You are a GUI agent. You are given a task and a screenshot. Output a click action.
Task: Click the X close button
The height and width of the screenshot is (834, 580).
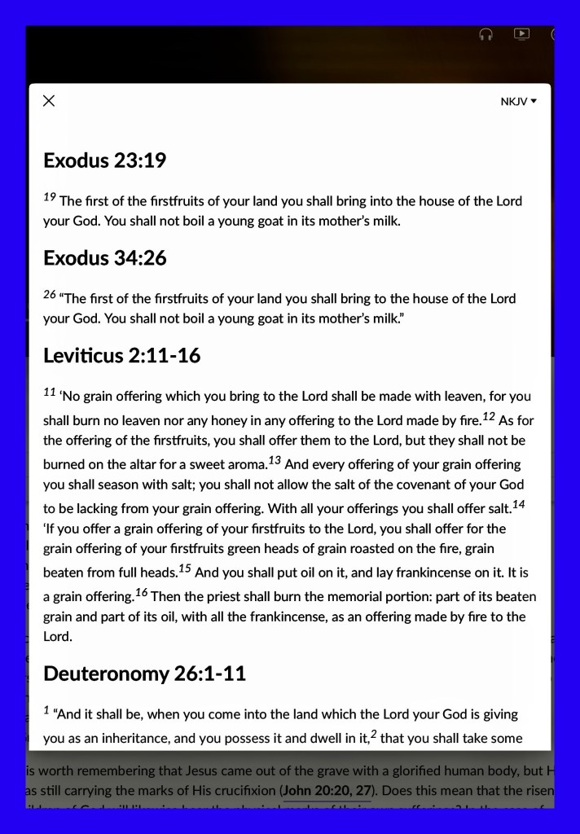(49, 100)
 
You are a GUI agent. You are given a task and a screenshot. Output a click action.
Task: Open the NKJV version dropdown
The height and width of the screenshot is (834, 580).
(518, 102)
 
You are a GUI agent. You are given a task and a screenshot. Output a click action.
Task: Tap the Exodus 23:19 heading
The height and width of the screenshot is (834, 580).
(104, 160)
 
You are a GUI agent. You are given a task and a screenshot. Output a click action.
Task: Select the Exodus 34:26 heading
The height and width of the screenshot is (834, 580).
(104, 258)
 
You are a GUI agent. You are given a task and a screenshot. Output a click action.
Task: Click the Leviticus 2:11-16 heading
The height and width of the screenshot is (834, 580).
(121, 356)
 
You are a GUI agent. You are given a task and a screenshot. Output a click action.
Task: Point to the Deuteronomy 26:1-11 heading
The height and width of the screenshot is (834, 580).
(144, 674)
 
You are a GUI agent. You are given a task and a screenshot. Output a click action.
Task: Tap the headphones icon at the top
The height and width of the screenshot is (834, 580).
(486, 34)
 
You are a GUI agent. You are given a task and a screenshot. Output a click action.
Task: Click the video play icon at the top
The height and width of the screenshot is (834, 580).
(521, 34)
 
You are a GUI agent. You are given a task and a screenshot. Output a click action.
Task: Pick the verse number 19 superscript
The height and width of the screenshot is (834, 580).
(50, 196)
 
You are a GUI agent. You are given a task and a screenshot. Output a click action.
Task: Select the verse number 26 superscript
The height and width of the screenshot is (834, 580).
(50, 294)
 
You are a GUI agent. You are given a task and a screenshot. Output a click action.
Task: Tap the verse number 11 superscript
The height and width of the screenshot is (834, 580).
(50, 392)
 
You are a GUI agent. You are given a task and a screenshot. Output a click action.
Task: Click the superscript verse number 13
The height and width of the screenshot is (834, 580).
(275, 460)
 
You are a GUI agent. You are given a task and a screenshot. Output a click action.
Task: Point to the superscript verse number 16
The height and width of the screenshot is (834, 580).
(142, 592)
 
